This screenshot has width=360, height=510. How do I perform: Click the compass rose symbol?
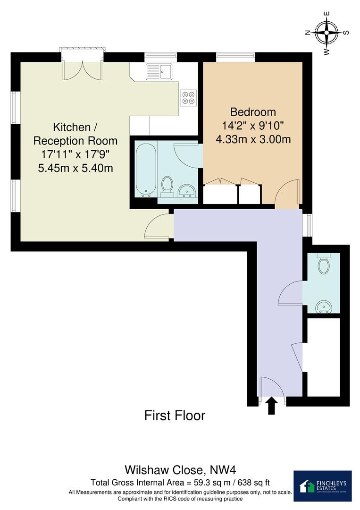[326, 34]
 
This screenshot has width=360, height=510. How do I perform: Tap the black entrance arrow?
[271, 406]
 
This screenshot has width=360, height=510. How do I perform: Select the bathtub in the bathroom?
[145, 170]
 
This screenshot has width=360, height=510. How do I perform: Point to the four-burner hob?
[188, 97]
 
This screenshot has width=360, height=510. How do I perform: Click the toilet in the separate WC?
[324, 265]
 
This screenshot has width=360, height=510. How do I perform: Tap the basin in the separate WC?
[325, 306]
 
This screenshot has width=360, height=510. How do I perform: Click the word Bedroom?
[252, 112]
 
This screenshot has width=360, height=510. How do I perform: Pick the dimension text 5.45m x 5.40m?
[75, 168]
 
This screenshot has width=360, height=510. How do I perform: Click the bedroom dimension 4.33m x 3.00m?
[252, 140]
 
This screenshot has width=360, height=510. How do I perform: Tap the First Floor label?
[175, 416]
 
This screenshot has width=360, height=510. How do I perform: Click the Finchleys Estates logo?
[322, 485]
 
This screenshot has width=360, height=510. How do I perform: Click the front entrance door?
[271, 390]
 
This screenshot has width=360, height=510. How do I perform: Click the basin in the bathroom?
[187, 191]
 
